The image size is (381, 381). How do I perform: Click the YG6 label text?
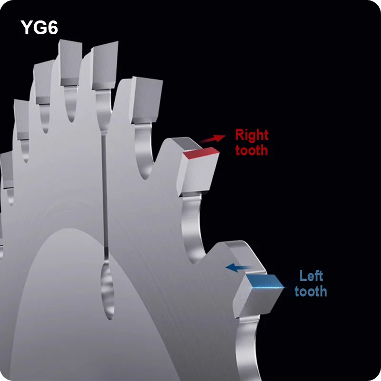39,27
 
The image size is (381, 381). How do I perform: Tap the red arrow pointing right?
212,139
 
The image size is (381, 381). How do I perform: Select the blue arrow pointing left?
239,268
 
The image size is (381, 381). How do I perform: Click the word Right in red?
252,135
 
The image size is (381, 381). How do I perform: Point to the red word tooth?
251,150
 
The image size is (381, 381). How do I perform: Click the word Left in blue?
311,276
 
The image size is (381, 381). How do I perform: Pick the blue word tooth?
311,291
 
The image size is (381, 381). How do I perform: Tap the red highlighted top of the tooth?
201,153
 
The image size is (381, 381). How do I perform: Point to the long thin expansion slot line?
105,194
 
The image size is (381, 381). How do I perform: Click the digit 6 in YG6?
52,27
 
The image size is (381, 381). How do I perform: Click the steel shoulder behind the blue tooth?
243,255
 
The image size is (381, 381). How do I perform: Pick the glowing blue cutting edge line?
267,288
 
